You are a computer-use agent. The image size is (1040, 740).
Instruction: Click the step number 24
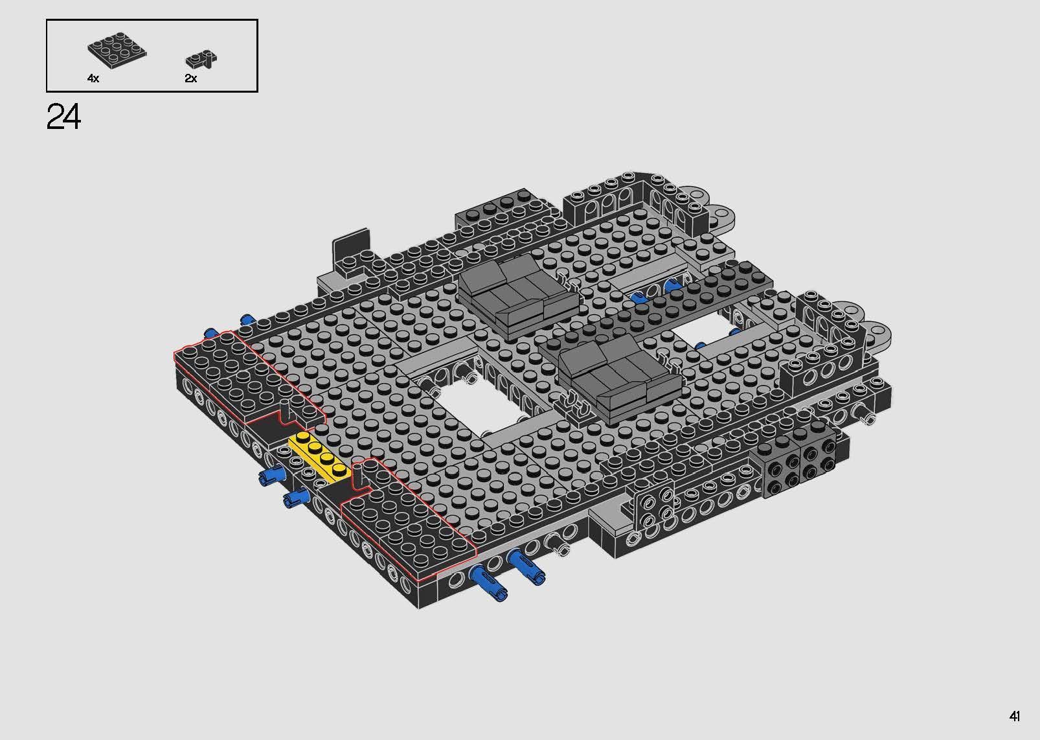64,118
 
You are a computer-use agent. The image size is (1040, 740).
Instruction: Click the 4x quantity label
93,78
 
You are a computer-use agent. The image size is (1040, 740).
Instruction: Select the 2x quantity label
190,78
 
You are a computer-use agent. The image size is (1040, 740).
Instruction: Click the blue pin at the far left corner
211,332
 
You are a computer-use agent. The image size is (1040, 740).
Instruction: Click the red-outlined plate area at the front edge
408,518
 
